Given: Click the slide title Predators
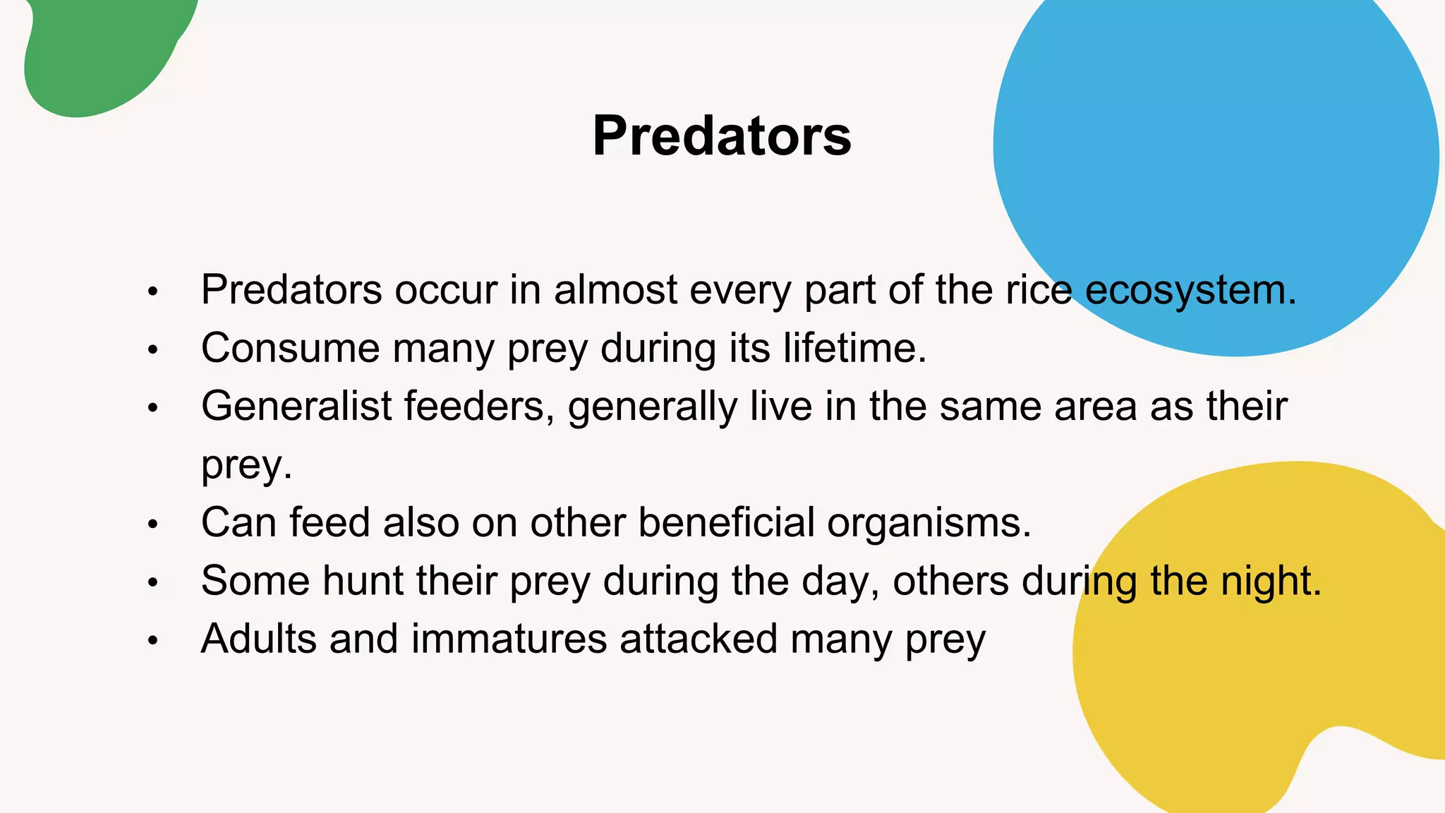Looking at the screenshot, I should [722, 135].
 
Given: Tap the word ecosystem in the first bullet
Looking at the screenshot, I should [1190, 290].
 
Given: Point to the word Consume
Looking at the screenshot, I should [290, 348].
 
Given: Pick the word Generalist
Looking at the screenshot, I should [296, 406].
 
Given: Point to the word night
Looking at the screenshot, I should [1270, 581].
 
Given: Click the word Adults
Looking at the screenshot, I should [258, 639].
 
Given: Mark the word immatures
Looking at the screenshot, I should [509, 639].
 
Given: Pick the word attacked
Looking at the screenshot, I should [699, 639].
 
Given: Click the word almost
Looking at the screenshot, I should [615, 290].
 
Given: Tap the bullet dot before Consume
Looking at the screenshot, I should [153, 349].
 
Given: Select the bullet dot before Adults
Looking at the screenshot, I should [153, 640].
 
